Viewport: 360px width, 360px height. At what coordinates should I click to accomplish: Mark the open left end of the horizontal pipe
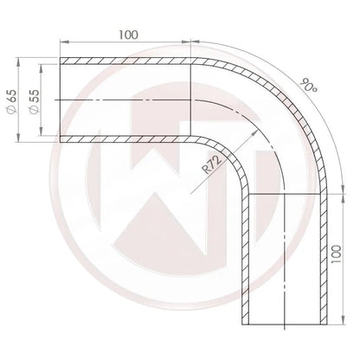click(x=61, y=100)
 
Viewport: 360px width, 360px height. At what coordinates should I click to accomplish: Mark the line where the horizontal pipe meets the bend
click(x=191, y=100)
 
